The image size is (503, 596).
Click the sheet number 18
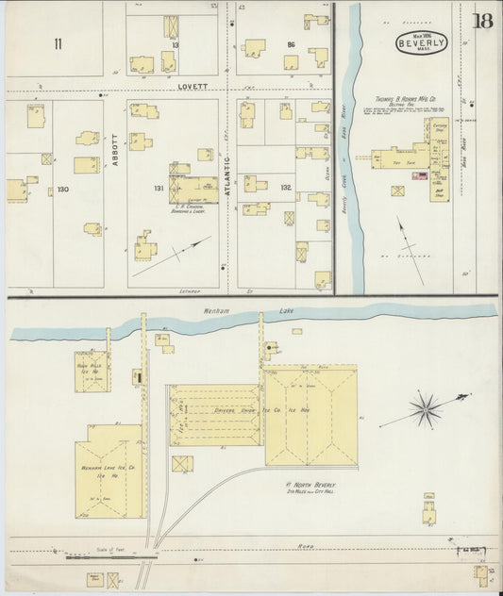click(481, 21)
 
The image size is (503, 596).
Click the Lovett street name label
click(192, 86)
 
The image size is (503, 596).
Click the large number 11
click(59, 42)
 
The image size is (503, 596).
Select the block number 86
click(291, 44)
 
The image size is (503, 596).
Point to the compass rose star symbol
click(426, 410)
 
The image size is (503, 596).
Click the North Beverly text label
click(312, 485)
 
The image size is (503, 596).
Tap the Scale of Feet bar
click(94, 557)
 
